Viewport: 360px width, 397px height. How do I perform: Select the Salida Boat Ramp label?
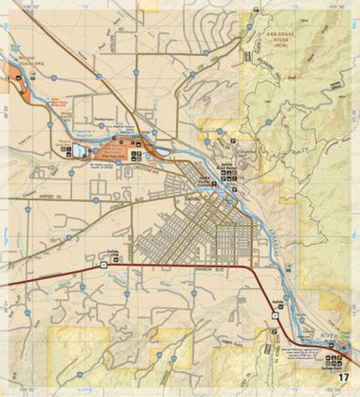coord(226,167)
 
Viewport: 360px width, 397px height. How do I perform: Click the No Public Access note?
coord(105,167)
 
